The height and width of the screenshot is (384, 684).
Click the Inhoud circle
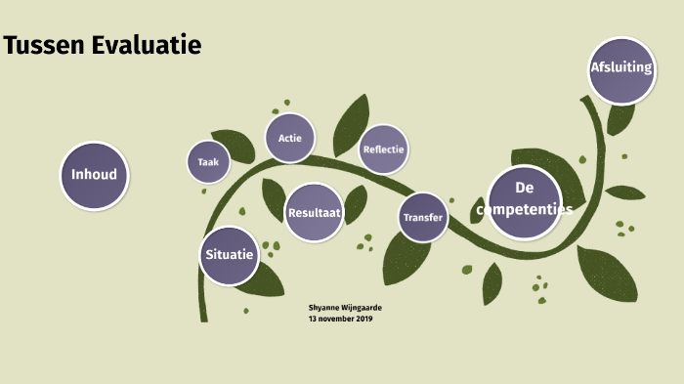[x=95, y=175]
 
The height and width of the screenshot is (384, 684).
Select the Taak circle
[x=208, y=162]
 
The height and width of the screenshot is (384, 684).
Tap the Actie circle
[x=289, y=138]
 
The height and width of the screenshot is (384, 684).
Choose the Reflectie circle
[x=383, y=149]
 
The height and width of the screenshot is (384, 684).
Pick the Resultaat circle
[x=314, y=212]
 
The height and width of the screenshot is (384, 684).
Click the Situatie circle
[x=230, y=254]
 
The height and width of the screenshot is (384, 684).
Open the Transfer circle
[x=423, y=217]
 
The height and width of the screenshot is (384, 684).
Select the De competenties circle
[x=524, y=201]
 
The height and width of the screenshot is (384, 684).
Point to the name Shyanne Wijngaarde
[x=345, y=308]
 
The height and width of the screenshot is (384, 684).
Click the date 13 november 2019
[x=341, y=319]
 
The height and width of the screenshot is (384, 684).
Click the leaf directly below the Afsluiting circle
[x=620, y=118]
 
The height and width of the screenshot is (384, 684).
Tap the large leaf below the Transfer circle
[x=406, y=257]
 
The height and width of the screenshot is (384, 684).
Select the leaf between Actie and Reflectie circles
[x=350, y=122]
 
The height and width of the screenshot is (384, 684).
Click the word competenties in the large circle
[x=524, y=209]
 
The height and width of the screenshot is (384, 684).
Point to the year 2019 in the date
[x=364, y=319]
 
